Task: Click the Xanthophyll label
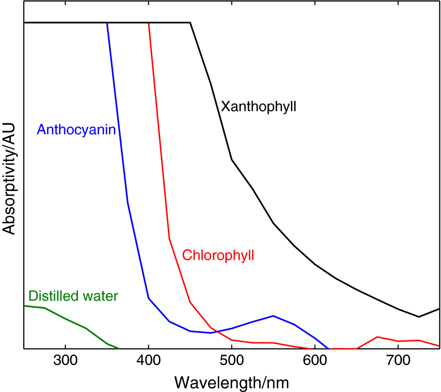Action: click(259, 106)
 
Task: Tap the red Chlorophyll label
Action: click(218, 255)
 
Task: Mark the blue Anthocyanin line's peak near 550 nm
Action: click(273, 316)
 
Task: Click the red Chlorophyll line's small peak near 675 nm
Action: click(377, 337)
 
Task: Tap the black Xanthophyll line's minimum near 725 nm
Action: click(419, 317)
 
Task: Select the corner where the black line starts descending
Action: click(190, 23)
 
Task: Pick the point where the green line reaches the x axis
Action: click(119, 348)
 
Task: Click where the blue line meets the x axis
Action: click(329, 348)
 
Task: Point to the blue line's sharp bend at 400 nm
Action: click(148, 298)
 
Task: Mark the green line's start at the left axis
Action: click(24, 305)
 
